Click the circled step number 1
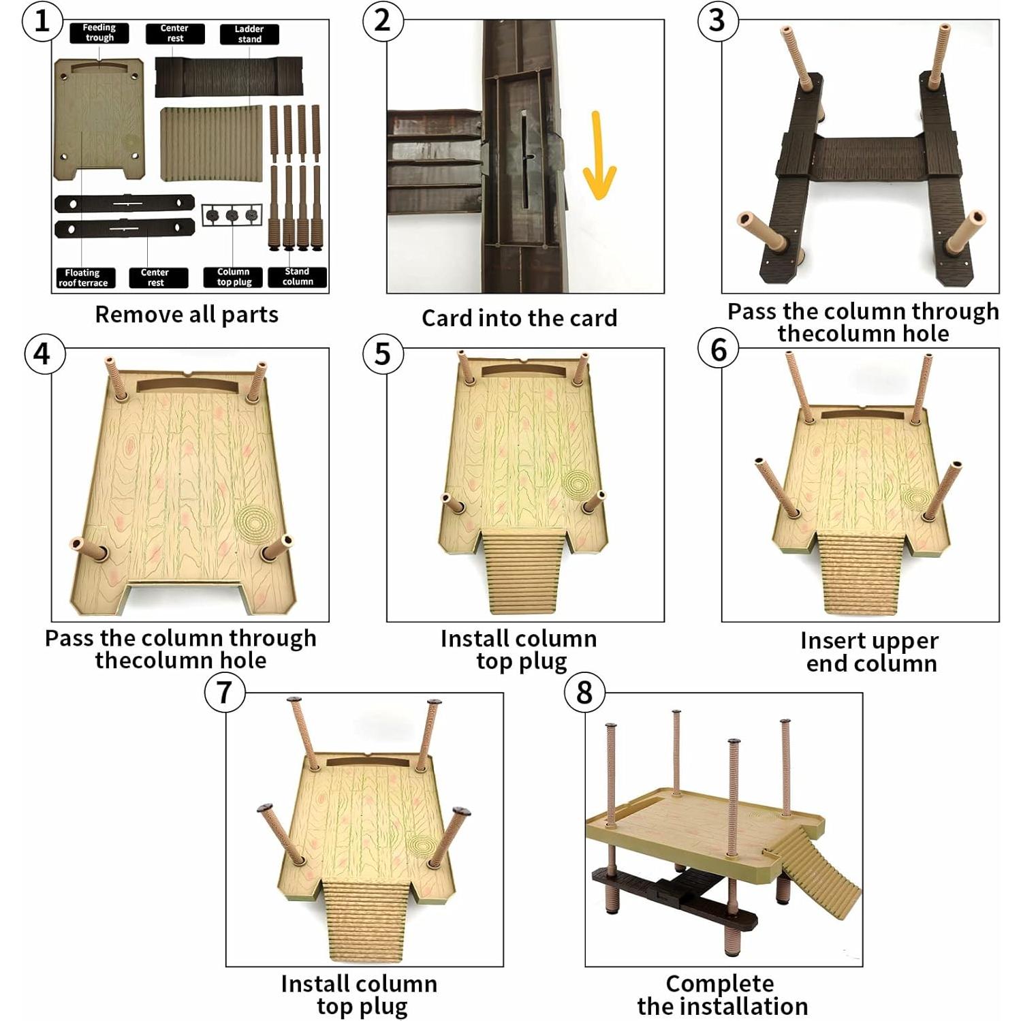pyautogui.click(x=42, y=20)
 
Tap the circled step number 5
pyautogui.click(x=382, y=354)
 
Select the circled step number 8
pyautogui.click(x=584, y=693)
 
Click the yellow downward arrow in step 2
pyautogui.click(x=599, y=155)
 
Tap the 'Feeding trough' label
pyautogui.click(x=99, y=33)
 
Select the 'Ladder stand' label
pyautogui.click(x=249, y=34)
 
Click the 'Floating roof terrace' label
pyautogui.click(x=84, y=278)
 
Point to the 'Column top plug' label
pyautogui.click(x=234, y=277)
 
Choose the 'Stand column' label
pyautogui.click(x=298, y=276)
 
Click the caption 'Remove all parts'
pyautogui.click(x=187, y=315)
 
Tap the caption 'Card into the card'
pyautogui.click(x=519, y=318)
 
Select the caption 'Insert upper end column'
pyautogui.click(x=870, y=652)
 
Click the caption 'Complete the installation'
pyautogui.click(x=722, y=994)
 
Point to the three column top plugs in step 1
pyautogui.click(x=232, y=216)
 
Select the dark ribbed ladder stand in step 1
pyautogui.click(x=229, y=76)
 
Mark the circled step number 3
pyautogui.click(x=717, y=20)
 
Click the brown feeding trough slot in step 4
pyautogui.click(x=188, y=386)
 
